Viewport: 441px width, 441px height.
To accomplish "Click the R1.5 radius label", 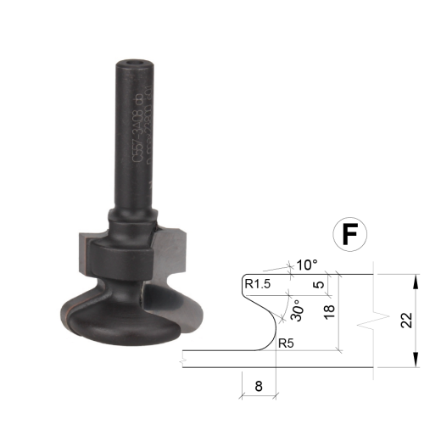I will [x=256, y=284].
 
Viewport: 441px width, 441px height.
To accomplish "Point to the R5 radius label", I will [x=288, y=343].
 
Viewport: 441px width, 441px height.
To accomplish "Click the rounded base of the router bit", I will [x=119, y=322].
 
